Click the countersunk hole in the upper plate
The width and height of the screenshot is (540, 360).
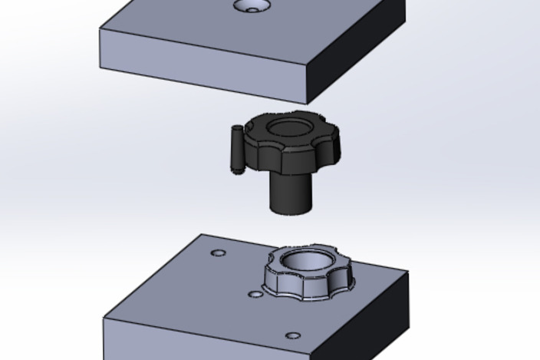point(252,7)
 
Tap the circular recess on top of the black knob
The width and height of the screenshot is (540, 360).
point(289,126)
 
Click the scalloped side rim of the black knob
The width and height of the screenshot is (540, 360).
point(299,157)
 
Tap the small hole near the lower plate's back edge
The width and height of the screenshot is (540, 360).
point(219,253)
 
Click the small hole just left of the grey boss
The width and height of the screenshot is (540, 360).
point(255,294)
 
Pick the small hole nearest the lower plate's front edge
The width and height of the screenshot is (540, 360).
point(292,335)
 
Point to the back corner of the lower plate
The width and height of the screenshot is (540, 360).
point(202,235)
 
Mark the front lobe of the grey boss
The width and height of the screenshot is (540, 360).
point(295,289)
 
